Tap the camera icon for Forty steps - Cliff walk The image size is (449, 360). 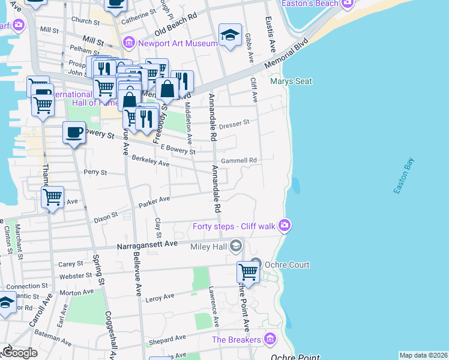[x=285, y=226]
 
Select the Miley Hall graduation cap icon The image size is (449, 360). [x=236, y=245]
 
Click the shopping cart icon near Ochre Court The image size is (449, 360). [x=248, y=272]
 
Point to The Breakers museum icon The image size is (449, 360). [x=270, y=340]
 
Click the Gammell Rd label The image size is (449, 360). [x=238, y=161]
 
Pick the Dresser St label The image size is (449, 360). [x=234, y=124]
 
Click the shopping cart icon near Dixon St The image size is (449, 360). [x=53, y=196]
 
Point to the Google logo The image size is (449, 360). [x=20, y=352]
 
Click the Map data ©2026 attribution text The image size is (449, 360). [x=423, y=355]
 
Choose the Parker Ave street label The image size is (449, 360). [x=154, y=203]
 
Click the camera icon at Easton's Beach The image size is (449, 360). [x=346, y=4]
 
